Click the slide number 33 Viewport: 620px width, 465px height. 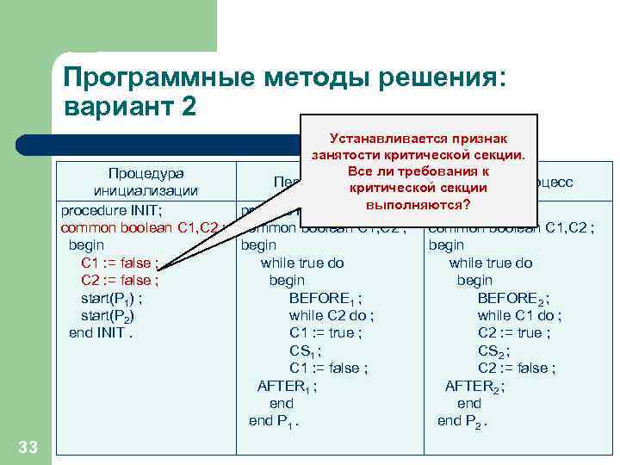click(28, 446)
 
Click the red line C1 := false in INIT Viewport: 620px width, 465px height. click(119, 263)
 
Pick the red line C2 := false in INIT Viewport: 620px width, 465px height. click(119, 280)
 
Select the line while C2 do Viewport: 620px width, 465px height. click(332, 315)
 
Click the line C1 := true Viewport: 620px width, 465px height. click(325, 332)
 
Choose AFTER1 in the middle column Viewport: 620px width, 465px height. click(287, 386)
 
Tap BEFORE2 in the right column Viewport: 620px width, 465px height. click(513, 298)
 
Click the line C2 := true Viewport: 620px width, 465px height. click(514, 332)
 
